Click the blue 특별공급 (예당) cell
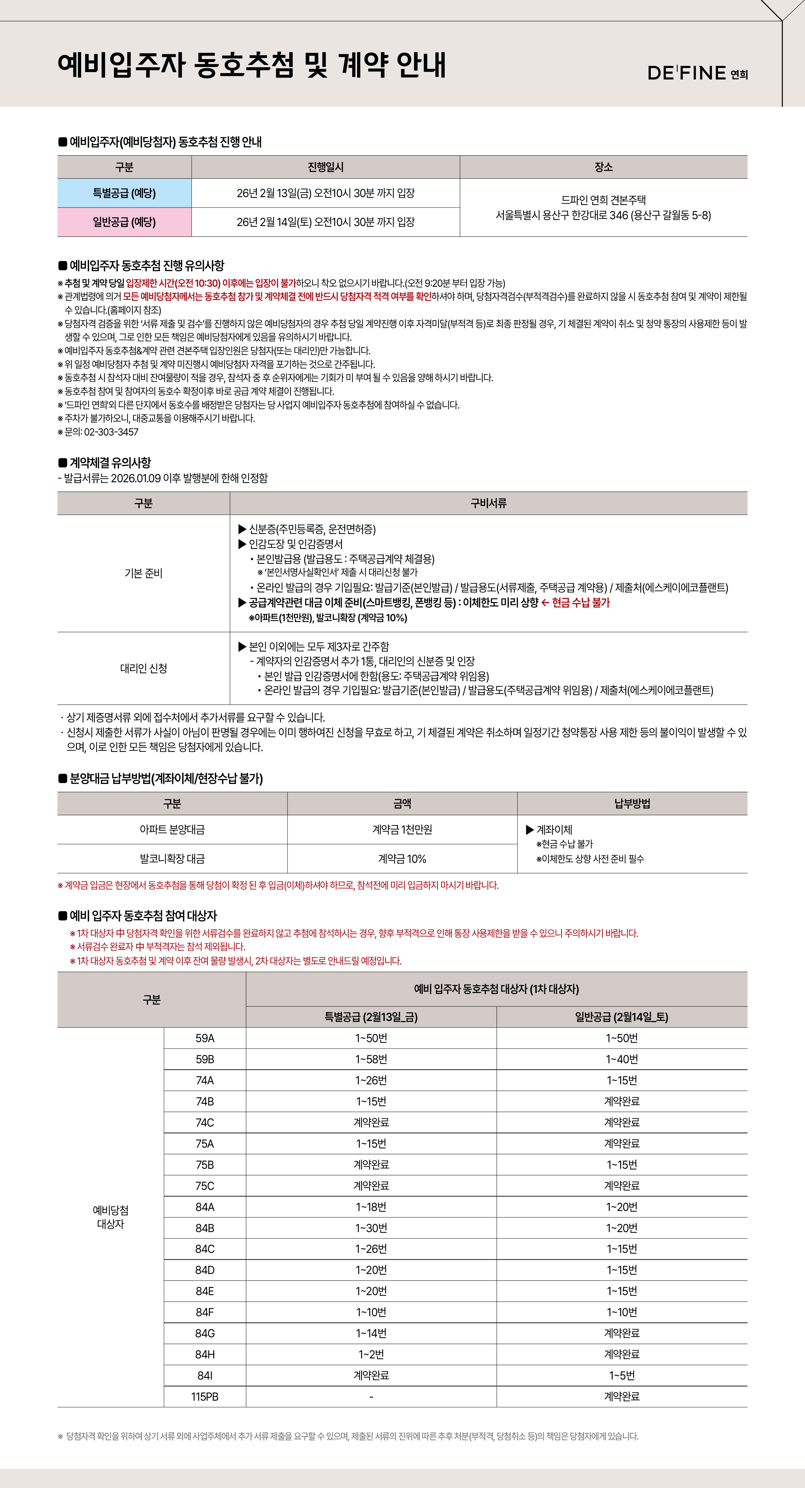click(x=124, y=193)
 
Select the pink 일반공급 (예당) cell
click(x=124, y=222)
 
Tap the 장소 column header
click(x=603, y=167)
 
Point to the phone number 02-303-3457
click(x=111, y=432)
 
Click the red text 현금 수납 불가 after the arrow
click(x=580, y=602)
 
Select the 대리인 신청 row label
click(x=143, y=668)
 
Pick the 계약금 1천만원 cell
click(x=402, y=829)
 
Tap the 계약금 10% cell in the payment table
click(x=402, y=859)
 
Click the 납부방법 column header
click(x=632, y=803)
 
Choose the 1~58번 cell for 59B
click(x=371, y=1059)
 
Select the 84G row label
click(x=205, y=1333)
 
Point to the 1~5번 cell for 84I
click(x=622, y=1375)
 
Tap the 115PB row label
click(x=205, y=1397)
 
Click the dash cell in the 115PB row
click(x=371, y=1397)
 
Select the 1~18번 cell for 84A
click(x=371, y=1207)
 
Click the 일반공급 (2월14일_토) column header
click(x=622, y=1017)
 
